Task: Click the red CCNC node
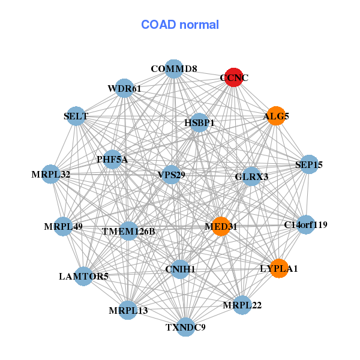[x=234, y=77]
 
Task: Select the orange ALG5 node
[x=276, y=116]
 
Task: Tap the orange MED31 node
[x=221, y=226]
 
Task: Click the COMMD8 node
[x=173, y=68]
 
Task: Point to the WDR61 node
[x=124, y=89]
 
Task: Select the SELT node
[x=76, y=116]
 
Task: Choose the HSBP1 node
[x=199, y=123]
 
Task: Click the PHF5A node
[x=112, y=159]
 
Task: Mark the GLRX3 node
[x=251, y=176]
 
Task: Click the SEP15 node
[x=308, y=164]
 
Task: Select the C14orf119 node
[x=306, y=225]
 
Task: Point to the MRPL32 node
[x=51, y=175]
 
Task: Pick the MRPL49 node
[x=62, y=227]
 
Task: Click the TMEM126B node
[x=128, y=231]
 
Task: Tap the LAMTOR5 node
[x=83, y=276]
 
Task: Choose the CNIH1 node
[x=180, y=269]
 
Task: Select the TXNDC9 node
[x=186, y=327]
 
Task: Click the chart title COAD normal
[x=180, y=25]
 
